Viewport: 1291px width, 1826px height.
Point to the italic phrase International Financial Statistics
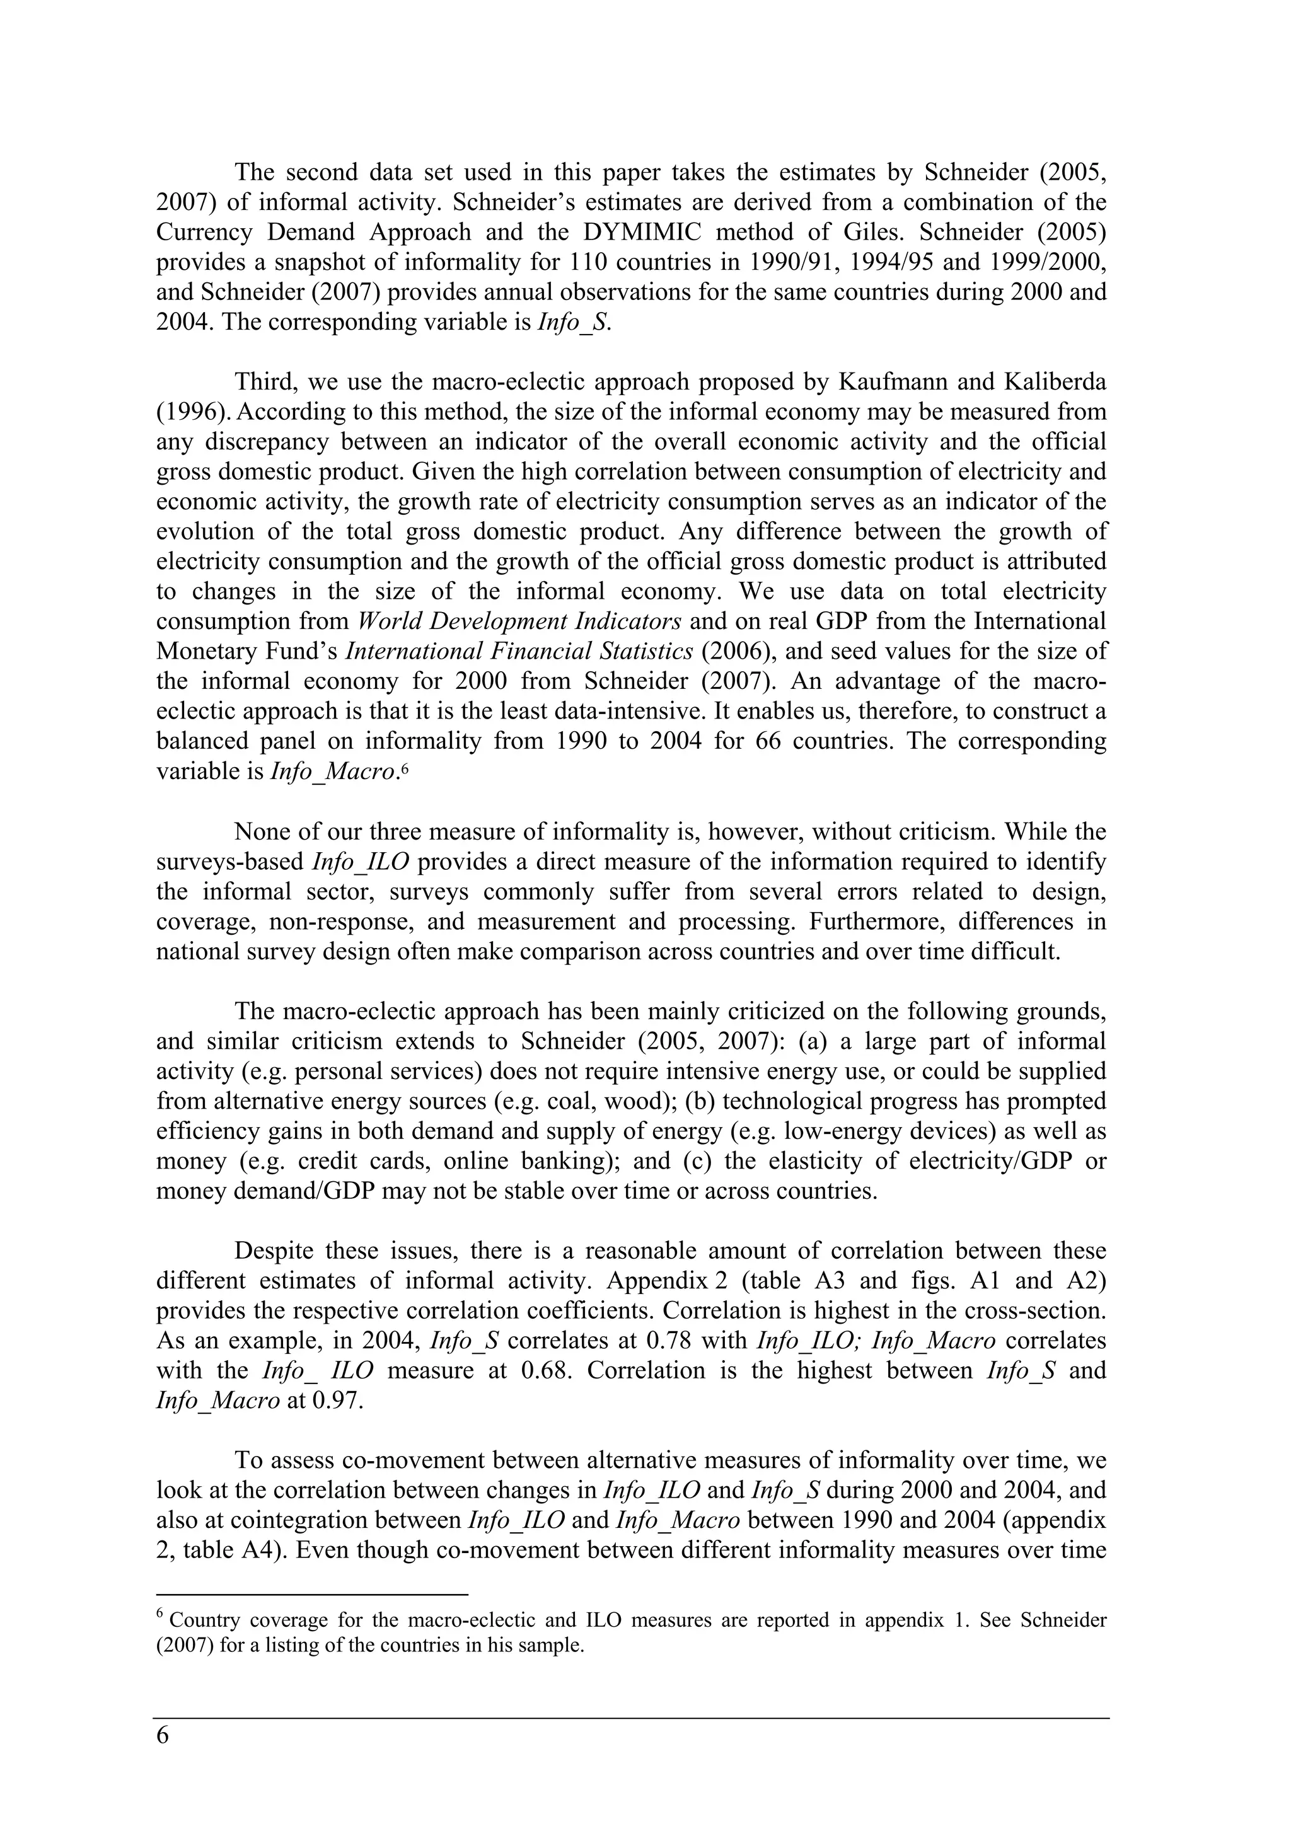click(x=519, y=651)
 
